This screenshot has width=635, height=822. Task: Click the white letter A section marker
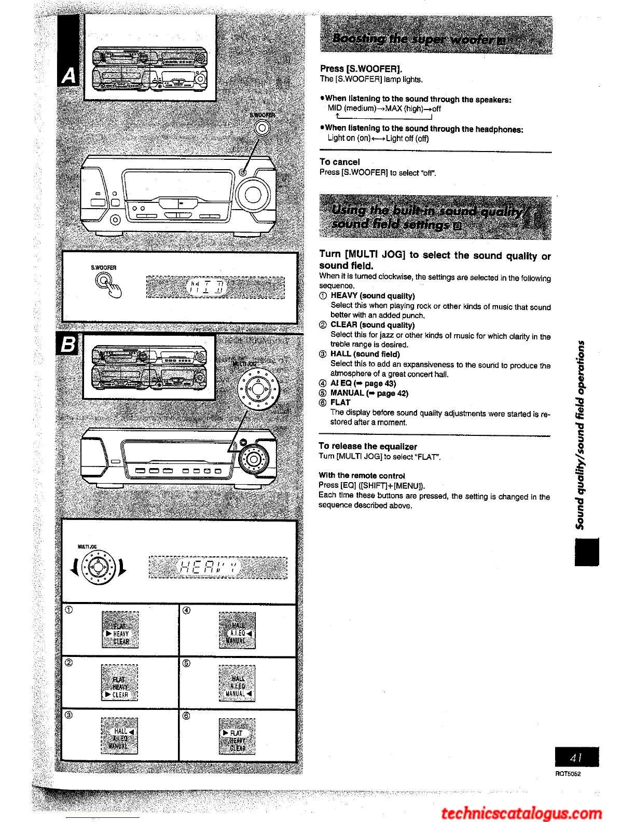[x=68, y=76]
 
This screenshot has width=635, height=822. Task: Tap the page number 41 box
[x=576, y=757]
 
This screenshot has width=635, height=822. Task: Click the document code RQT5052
[x=568, y=774]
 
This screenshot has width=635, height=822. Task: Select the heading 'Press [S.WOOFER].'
[x=361, y=68]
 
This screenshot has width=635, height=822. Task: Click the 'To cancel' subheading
[x=339, y=162]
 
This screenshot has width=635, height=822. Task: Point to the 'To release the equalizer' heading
[x=367, y=446]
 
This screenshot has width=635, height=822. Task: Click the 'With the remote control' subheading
[x=362, y=475]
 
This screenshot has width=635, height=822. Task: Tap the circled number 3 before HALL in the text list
[x=323, y=354]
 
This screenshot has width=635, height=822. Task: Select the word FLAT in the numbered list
[x=340, y=402]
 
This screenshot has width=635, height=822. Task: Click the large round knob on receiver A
[x=253, y=195]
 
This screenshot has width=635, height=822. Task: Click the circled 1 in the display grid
[x=69, y=610]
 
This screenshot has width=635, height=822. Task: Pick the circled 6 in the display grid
[x=187, y=716]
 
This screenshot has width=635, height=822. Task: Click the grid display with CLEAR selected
[x=119, y=682]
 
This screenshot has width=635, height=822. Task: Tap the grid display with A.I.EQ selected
[x=237, y=630]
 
